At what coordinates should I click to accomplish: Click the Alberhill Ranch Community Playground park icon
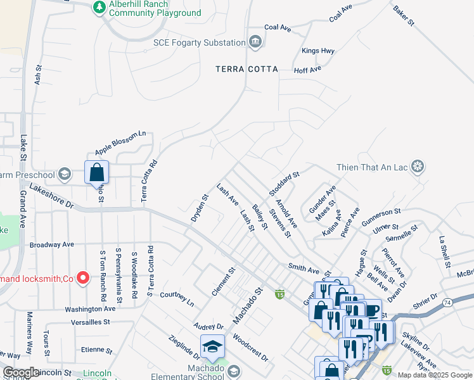click(99, 7)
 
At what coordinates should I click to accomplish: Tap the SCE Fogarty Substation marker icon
click(255, 42)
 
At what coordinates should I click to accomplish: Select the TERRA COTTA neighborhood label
click(247, 68)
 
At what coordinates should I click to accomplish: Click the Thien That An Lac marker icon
click(417, 167)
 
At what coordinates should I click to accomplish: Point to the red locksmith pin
click(82, 277)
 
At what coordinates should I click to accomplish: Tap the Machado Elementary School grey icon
click(233, 370)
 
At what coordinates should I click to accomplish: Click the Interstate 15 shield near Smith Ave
click(279, 294)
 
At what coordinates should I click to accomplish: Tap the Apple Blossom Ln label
click(120, 143)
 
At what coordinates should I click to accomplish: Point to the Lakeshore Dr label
click(51, 196)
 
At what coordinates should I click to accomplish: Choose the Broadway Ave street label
click(52, 244)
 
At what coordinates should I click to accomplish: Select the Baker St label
click(403, 16)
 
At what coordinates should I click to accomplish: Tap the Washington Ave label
click(89, 309)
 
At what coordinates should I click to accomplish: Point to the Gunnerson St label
click(381, 217)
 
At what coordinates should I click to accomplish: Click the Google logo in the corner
click(20, 372)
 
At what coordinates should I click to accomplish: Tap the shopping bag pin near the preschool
click(96, 172)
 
